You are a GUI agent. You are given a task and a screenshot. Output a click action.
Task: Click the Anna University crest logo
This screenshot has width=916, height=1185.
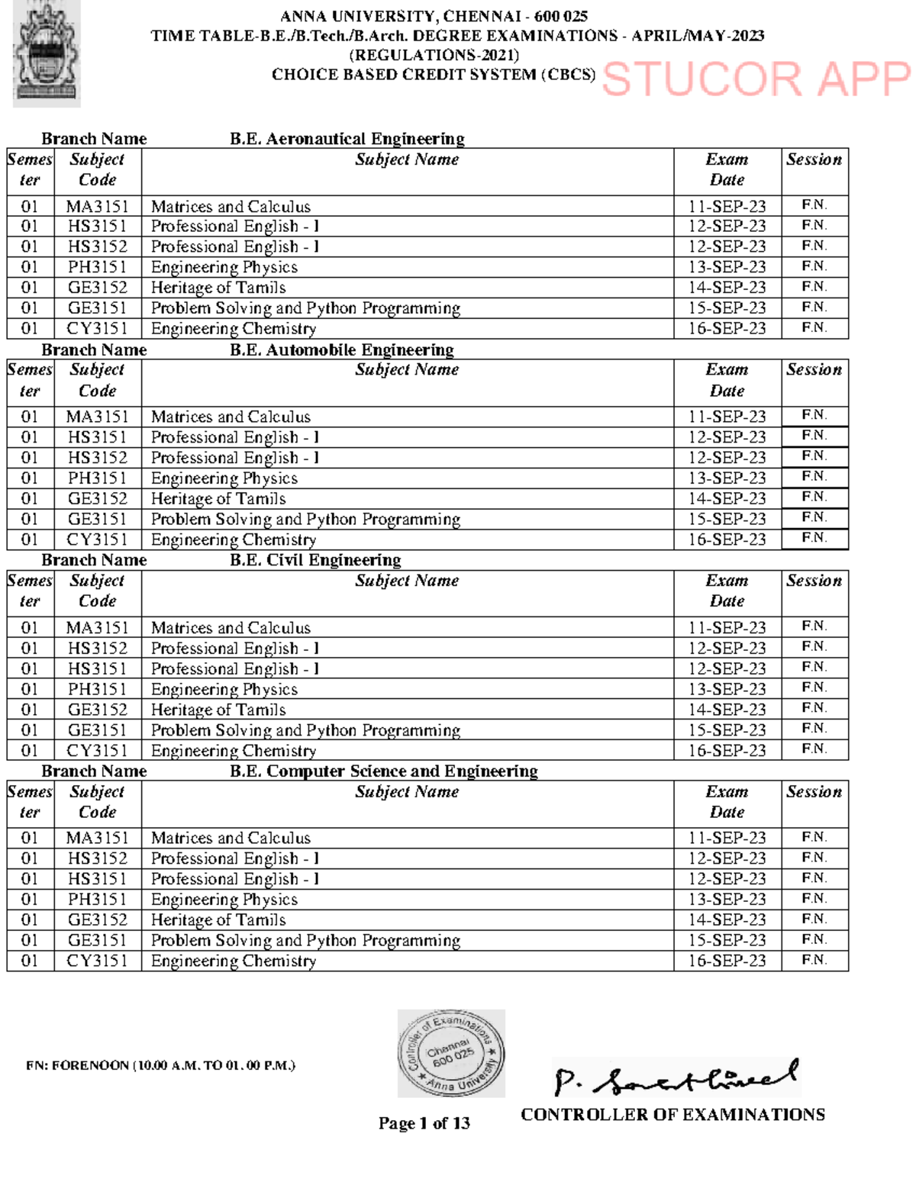46,53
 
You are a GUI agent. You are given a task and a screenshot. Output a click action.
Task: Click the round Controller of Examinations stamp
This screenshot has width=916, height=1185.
451,1053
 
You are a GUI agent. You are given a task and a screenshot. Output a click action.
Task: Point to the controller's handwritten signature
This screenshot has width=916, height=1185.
676,1077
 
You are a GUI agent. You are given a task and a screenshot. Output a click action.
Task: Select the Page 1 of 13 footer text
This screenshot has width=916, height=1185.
424,1123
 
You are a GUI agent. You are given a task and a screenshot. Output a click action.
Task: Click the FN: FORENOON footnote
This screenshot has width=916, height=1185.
160,1065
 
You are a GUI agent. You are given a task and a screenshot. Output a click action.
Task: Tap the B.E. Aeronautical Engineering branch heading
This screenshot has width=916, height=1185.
347,139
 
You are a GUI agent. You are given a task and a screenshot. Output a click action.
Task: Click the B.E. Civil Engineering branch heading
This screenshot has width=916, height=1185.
315,560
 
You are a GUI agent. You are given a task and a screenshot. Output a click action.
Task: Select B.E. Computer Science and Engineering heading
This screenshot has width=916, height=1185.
383,771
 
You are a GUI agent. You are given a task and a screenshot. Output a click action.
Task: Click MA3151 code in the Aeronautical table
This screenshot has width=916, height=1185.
97,207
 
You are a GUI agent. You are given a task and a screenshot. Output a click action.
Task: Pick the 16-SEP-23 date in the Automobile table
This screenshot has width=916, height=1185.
727,539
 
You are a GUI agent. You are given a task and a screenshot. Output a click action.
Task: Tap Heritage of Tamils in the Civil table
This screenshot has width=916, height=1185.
218,710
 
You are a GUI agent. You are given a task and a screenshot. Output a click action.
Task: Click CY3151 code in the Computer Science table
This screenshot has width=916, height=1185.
97,961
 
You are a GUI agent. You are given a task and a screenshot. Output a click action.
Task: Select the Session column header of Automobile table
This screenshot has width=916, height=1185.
814,370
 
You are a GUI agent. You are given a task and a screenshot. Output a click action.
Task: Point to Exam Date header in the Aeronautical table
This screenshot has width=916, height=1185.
727,169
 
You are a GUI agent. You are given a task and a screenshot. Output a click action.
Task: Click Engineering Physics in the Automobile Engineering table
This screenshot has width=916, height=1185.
224,478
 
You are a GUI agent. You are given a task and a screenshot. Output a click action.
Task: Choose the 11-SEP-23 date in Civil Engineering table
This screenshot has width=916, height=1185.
727,628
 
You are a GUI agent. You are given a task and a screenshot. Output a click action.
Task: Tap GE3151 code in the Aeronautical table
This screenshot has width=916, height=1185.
97,308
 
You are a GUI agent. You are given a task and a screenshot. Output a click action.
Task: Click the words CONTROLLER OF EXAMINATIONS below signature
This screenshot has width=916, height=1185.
672,1115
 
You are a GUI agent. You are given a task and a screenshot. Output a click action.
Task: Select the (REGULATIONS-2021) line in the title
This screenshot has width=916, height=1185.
434,55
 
